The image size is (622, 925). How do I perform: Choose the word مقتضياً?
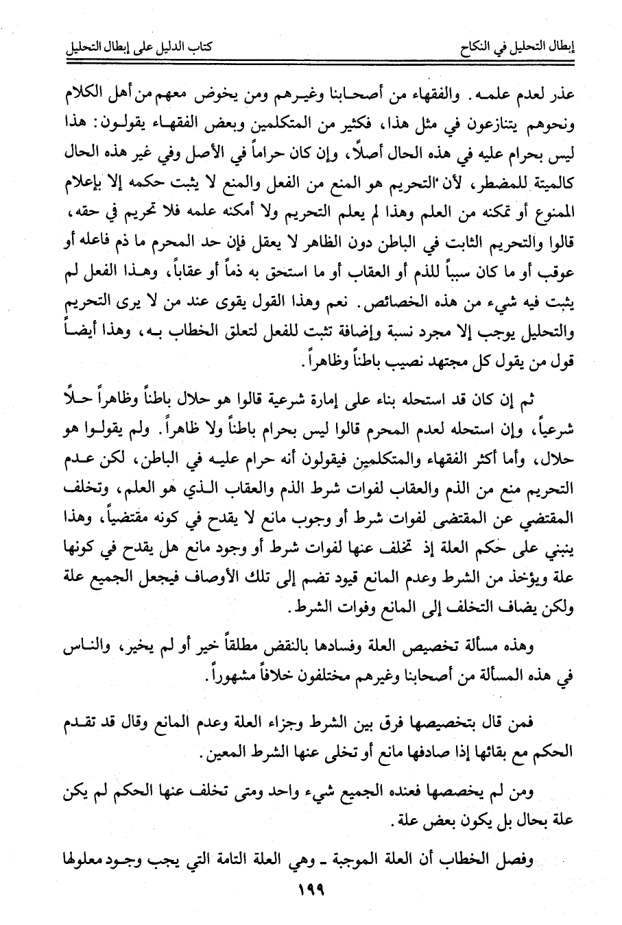141,517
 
